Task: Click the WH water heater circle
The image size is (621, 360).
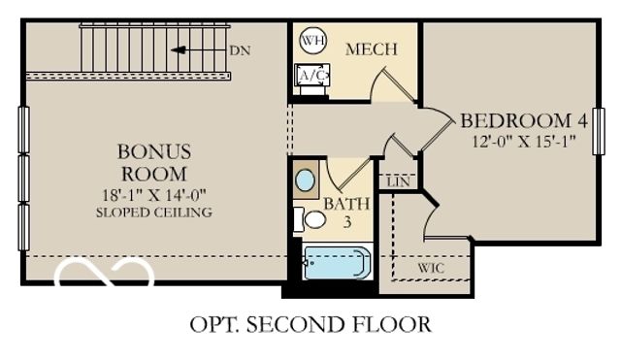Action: pyautogui.click(x=312, y=41)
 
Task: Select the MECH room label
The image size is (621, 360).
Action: pyautogui.click(x=370, y=49)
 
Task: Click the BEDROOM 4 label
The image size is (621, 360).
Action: pyautogui.click(x=524, y=121)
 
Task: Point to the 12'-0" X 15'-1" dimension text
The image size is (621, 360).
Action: pyautogui.click(x=524, y=141)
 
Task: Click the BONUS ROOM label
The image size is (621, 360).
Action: pyautogui.click(x=154, y=163)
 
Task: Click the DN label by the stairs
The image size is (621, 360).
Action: pyautogui.click(x=239, y=49)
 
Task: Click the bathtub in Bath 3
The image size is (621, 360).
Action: pyautogui.click(x=336, y=263)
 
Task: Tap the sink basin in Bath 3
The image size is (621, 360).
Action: pyautogui.click(x=305, y=180)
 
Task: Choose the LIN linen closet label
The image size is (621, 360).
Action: pyautogui.click(x=396, y=181)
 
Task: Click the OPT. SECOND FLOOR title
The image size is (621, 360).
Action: pyautogui.click(x=310, y=323)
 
